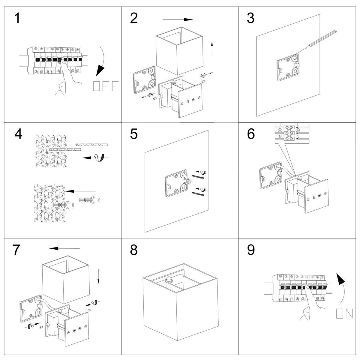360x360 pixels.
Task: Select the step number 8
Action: click(x=134, y=250)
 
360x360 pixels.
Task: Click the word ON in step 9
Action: click(x=344, y=314)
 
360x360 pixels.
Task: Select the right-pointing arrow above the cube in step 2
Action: click(x=178, y=20)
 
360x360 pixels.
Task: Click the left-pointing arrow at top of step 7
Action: click(x=64, y=248)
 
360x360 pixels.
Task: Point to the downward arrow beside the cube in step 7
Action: click(x=98, y=274)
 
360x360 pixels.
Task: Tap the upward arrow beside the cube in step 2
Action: click(x=212, y=48)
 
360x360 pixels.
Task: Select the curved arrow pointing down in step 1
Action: click(x=101, y=64)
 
